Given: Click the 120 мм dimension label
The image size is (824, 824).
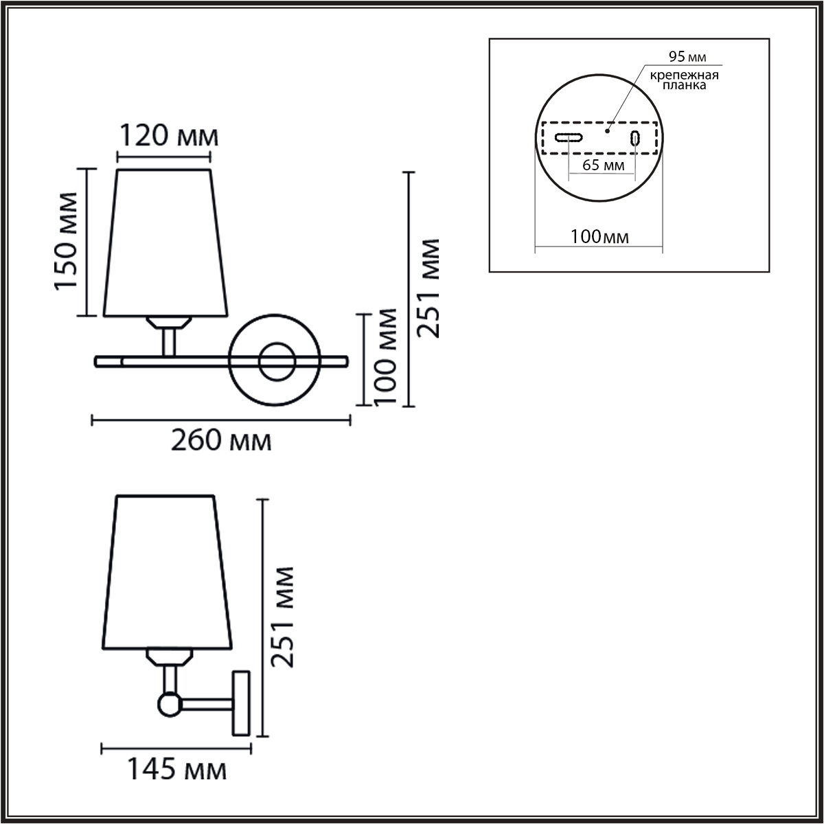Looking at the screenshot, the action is [168, 136].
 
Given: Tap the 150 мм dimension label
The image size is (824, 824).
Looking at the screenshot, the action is [66, 241].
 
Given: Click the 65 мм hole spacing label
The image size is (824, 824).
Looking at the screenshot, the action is [604, 165].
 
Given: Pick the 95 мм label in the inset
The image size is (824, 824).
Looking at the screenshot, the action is [687, 56].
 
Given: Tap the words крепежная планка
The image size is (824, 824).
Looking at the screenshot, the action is [684, 80].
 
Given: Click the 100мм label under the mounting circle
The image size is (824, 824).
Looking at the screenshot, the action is [599, 236].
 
